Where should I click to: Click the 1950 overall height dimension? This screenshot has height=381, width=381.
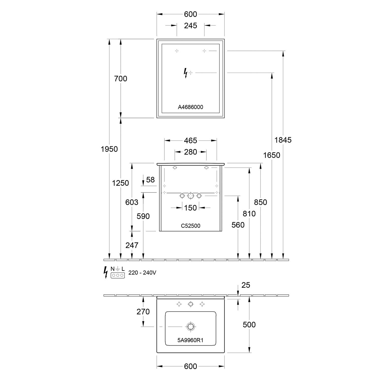[x=109, y=149]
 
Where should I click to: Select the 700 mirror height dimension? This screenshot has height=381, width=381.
[x=120, y=79]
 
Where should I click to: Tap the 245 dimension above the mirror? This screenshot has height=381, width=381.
[x=190, y=26]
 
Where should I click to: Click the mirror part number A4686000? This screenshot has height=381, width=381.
[x=190, y=107]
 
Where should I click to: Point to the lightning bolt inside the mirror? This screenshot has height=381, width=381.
[x=186, y=73]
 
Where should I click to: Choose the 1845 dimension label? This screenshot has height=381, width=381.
[x=283, y=140]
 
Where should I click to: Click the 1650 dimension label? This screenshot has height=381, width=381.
[x=272, y=155]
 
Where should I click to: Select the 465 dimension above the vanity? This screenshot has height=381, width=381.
[x=190, y=140]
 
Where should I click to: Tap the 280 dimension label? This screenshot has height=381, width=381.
[x=190, y=152]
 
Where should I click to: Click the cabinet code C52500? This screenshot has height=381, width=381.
[x=190, y=226]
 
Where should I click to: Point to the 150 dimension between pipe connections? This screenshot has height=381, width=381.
[x=190, y=208]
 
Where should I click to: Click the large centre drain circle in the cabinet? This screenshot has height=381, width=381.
[x=190, y=196]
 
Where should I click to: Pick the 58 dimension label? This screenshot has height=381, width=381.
[x=150, y=180]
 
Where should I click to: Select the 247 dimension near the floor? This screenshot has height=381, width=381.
[x=132, y=245]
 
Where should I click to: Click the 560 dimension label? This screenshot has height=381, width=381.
[x=238, y=225]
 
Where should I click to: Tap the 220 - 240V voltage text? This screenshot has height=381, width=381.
[x=142, y=273]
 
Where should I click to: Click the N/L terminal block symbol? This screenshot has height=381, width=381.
[x=118, y=275]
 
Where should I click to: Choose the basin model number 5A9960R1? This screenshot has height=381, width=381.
[x=190, y=340]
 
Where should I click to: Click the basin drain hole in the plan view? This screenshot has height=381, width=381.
[x=190, y=327]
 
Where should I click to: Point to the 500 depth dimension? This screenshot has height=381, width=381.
[x=249, y=325]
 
